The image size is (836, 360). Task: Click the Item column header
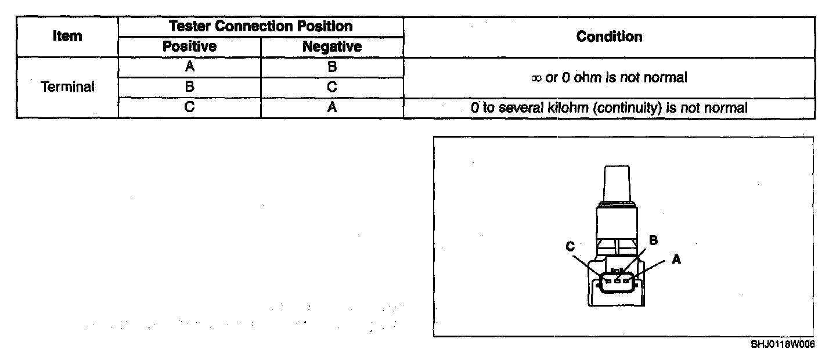coord(67,36)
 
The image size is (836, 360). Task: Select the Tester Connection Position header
coord(261,26)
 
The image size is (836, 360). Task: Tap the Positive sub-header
coord(189,46)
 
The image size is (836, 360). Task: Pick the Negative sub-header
coord(332,46)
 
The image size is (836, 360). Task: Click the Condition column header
coord(609,36)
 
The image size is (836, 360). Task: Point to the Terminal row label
coord(67,87)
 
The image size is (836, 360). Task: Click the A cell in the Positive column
coord(189,67)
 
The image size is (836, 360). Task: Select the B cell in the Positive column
coord(189,87)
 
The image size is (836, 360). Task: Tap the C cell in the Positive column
coord(189,107)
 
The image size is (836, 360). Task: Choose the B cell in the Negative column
coord(332,67)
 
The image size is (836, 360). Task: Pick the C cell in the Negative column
coord(332,87)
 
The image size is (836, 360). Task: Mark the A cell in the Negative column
coord(332,107)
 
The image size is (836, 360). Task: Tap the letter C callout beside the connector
coord(570,246)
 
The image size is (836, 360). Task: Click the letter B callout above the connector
coord(653,239)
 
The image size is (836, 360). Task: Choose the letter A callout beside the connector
coord(676,260)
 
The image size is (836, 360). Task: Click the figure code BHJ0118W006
coord(782,344)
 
